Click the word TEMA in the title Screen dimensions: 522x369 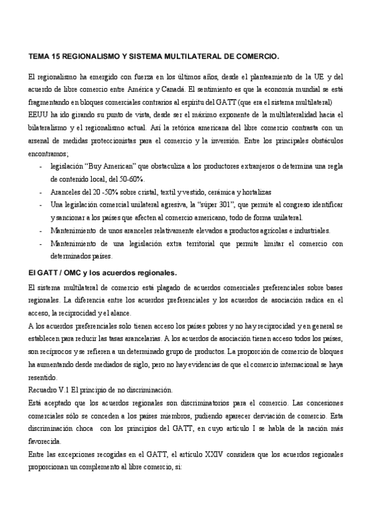pos(40,56)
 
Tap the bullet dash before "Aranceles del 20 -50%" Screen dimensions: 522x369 pos(41,192)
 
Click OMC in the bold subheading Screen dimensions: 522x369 pos(69,272)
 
